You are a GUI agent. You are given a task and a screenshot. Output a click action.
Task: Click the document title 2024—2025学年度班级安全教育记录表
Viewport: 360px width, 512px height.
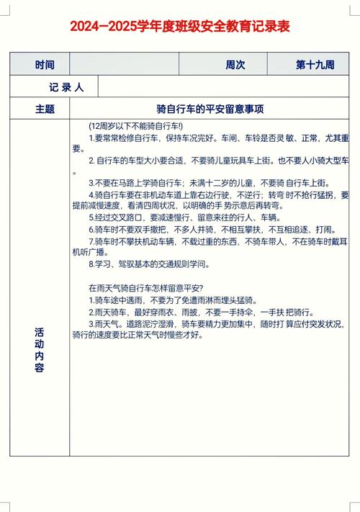(x=180, y=27)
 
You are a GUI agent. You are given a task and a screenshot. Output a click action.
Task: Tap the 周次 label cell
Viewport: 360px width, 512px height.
(x=235, y=64)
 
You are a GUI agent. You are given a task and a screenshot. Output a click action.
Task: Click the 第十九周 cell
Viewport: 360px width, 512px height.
(x=315, y=64)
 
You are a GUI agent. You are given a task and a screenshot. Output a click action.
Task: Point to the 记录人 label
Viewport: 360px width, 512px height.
(x=66, y=87)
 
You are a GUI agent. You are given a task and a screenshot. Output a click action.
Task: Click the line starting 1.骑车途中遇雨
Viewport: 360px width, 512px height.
(x=172, y=300)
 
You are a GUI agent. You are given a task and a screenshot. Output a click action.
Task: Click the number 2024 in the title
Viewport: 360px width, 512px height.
(x=86, y=27)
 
